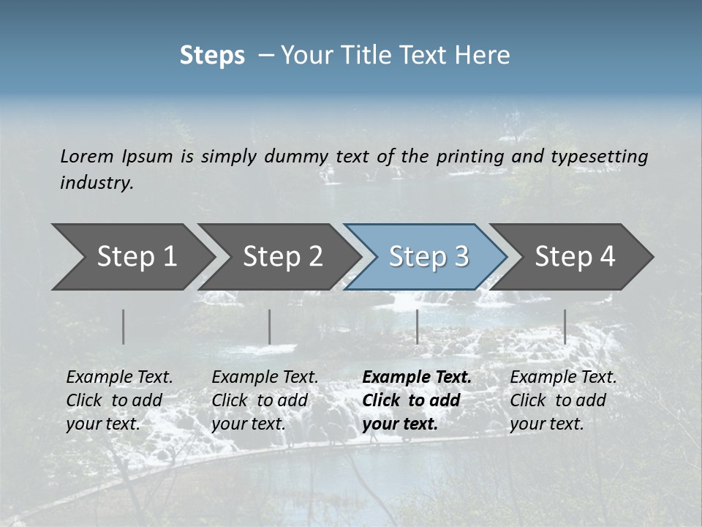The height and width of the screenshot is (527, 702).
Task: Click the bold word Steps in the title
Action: (x=212, y=56)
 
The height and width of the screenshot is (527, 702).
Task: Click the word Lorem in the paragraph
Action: (x=87, y=156)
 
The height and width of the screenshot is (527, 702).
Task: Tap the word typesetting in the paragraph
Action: (x=599, y=156)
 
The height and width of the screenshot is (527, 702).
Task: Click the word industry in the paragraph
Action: (x=97, y=182)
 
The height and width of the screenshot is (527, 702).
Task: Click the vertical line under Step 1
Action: (x=124, y=326)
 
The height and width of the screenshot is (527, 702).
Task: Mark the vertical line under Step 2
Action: (x=270, y=326)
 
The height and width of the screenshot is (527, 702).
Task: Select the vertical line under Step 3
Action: (x=417, y=326)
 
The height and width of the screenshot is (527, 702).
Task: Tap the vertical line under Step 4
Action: (x=565, y=326)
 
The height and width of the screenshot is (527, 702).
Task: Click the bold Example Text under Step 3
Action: (x=417, y=377)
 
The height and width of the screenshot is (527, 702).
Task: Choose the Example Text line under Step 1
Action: (x=119, y=377)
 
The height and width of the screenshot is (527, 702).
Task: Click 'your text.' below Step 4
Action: (x=546, y=424)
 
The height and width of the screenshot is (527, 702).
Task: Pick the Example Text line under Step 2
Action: (x=265, y=377)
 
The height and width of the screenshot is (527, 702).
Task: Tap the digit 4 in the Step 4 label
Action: (x=607, y=256)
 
